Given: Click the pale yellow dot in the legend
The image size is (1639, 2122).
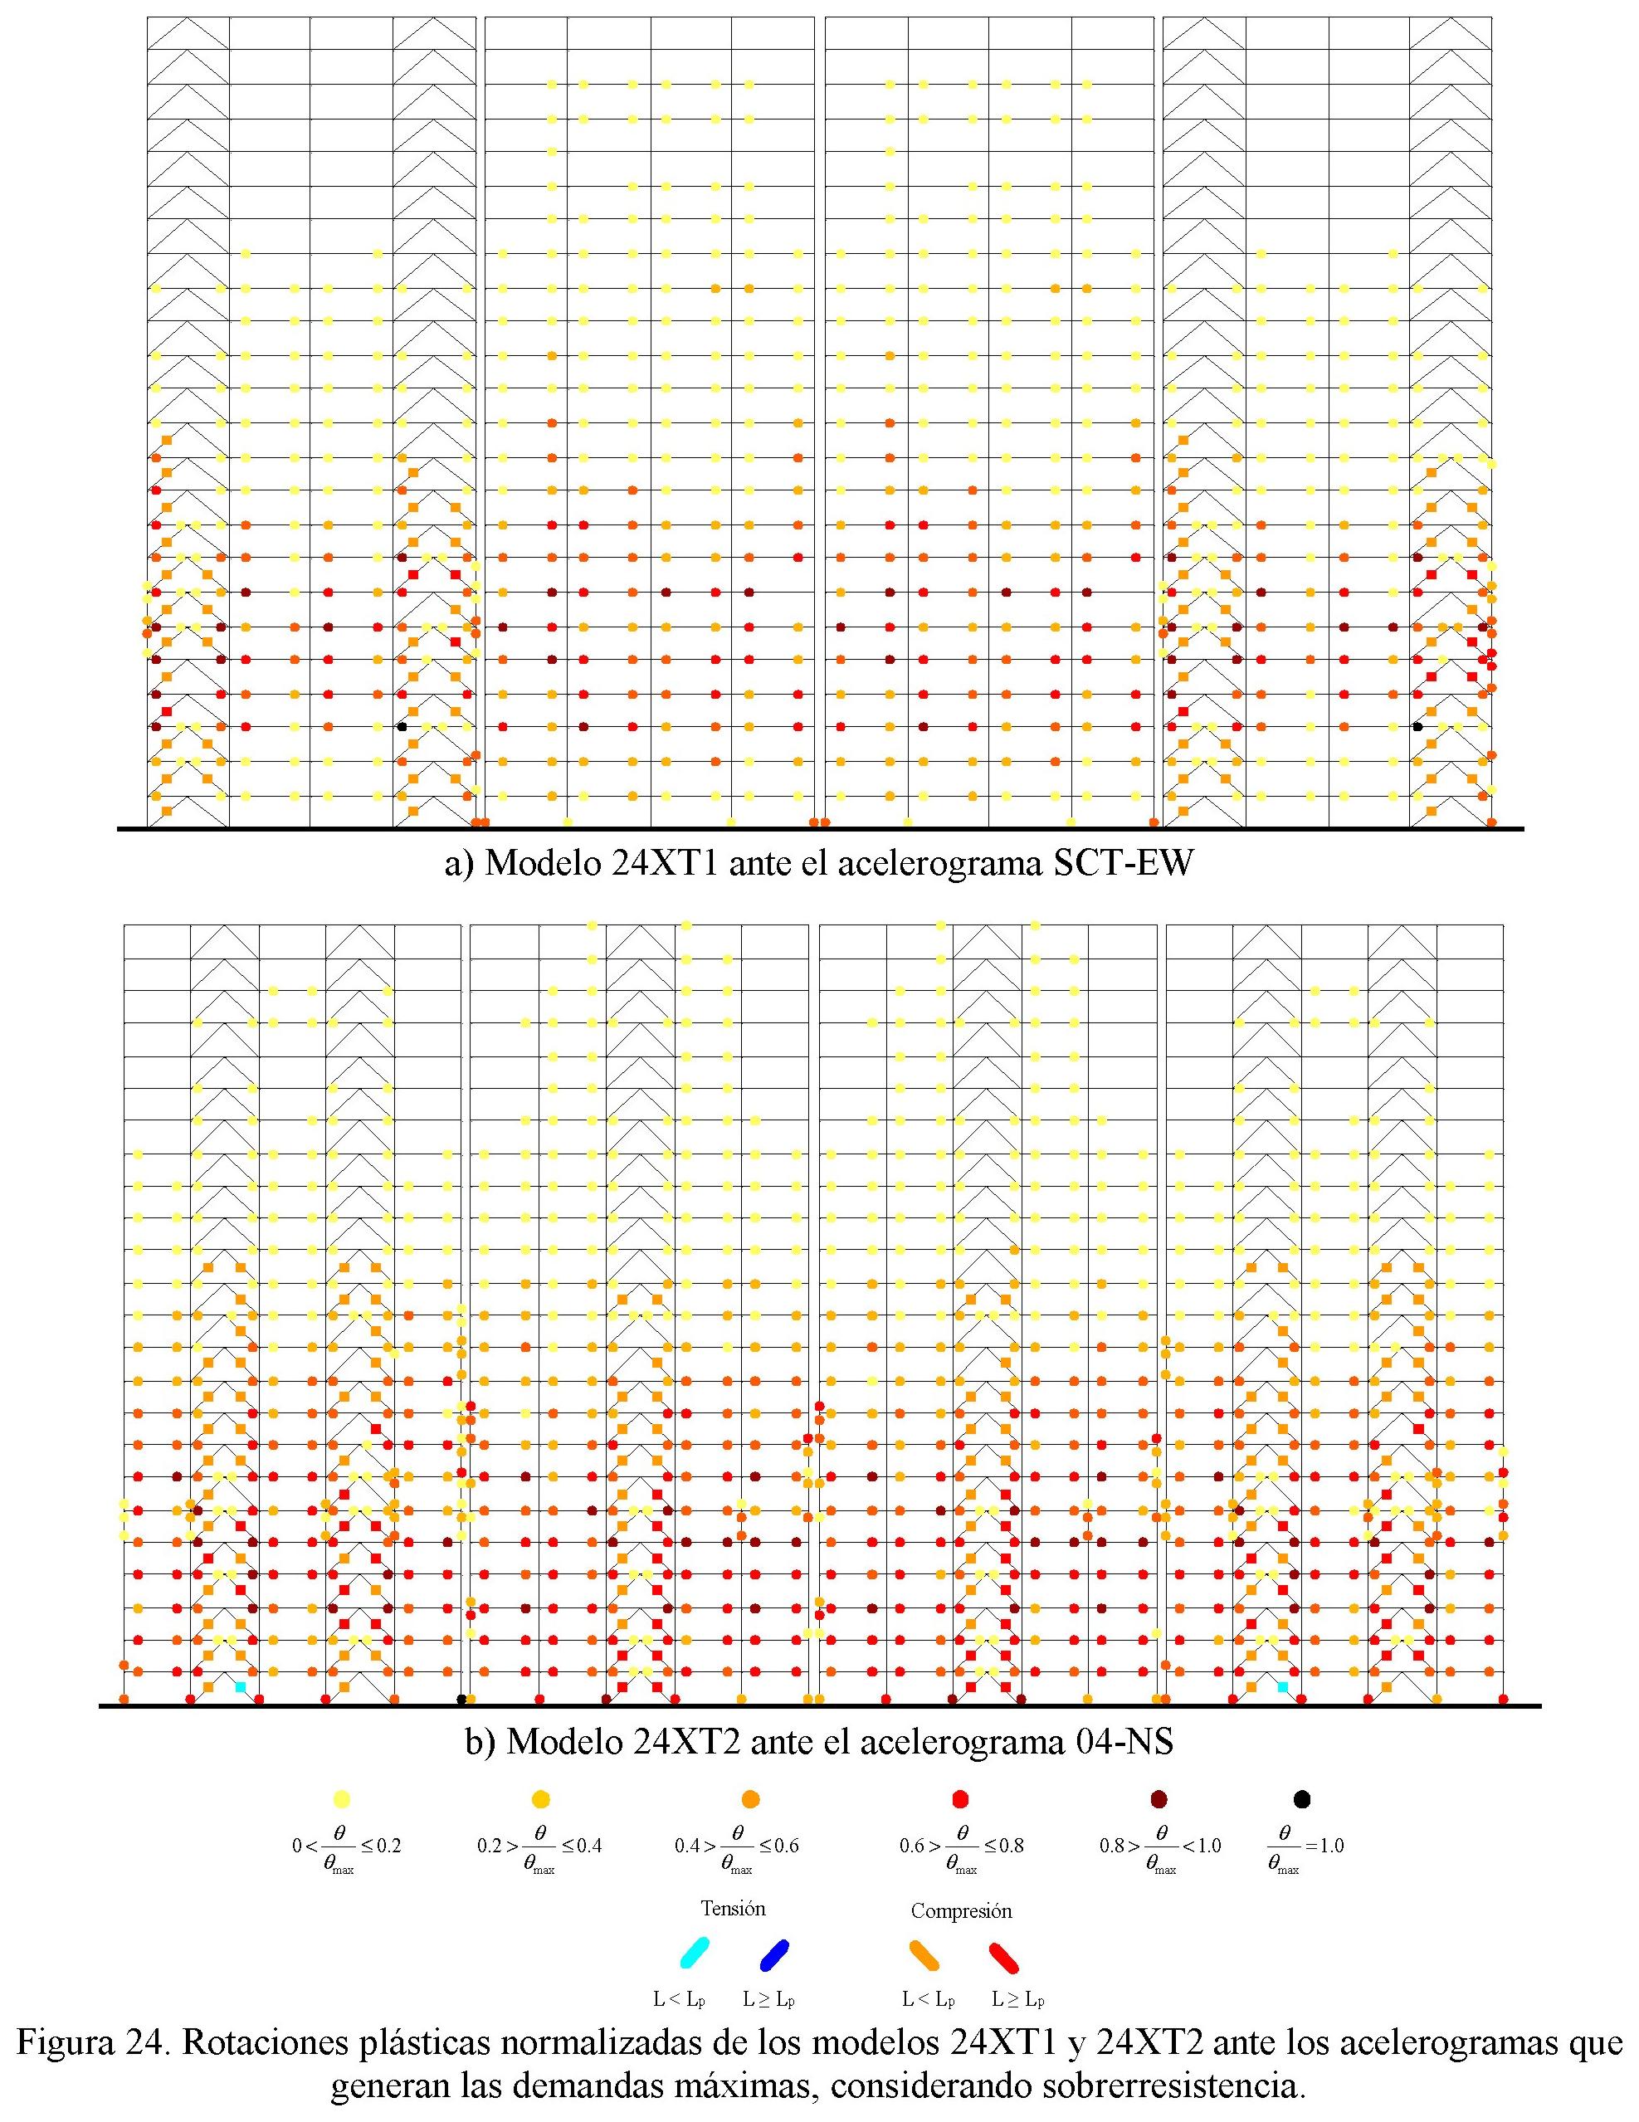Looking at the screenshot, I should point(341,1798).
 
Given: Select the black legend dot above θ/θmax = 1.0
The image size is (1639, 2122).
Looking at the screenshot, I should point(1302,1798).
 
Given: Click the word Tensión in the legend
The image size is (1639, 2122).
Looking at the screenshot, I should point(733,1908).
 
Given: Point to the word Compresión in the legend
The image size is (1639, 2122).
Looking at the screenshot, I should point(961,1910).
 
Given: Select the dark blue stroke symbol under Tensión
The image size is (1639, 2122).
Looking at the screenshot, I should point(774,1953).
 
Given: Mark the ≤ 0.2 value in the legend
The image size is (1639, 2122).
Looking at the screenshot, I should point(382,1845).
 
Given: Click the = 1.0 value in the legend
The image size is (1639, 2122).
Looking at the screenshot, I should point(1324,1845).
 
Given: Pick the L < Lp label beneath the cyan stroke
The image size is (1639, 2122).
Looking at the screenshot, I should point(679,1998).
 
